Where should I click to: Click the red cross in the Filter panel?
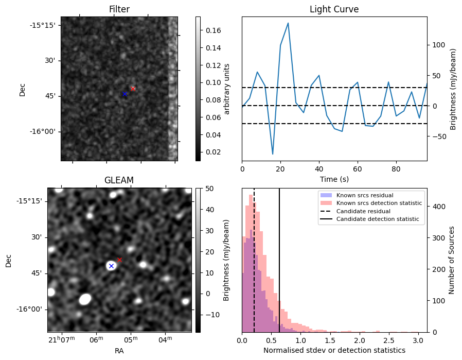click(133, 89)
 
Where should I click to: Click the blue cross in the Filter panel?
click(125, 94)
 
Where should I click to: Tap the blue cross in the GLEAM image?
click(111, 266)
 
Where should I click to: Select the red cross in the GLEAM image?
click(119, 260)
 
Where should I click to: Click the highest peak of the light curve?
click(288, 23)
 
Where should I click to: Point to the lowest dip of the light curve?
click(273, 154)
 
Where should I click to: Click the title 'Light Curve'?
click(334, 9)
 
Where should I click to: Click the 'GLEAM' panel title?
click(119, 180)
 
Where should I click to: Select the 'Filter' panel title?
click(119, 9)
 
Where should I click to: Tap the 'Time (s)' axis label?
click(334, 179)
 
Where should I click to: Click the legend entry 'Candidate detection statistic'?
click(378, 219)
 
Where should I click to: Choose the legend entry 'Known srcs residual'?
click(365, 195)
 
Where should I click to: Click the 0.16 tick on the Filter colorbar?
click(214, 30)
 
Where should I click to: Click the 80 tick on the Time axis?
click(396, 169)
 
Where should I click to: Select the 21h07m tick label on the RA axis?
click(62, 339)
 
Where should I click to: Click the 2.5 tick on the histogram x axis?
click(389, 340)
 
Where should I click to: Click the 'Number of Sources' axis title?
click(451, 261)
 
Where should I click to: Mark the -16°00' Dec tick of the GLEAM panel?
click(29, 310)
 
